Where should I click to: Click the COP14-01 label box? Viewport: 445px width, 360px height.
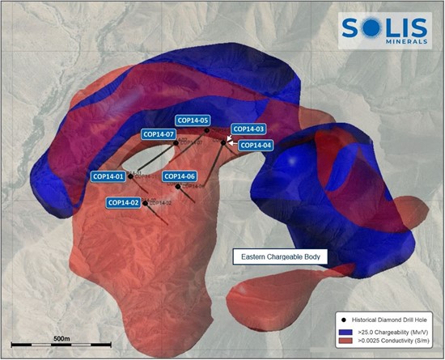click(108, 176)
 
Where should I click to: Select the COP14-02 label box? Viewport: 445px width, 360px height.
click(124, 202)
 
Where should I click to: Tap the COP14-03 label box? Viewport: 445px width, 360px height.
click(248, 129)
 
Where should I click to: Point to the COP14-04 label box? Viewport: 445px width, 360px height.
click(258, 145)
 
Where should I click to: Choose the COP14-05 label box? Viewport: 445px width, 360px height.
click(193, 120)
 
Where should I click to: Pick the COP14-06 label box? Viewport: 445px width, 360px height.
click(180, 176)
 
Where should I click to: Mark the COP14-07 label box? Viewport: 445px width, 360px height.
click(159, 133)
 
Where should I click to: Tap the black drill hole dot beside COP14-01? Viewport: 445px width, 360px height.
click(129, 176)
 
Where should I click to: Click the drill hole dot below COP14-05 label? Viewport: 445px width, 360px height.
click(207, 130)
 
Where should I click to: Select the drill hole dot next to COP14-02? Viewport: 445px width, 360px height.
click(146, 203)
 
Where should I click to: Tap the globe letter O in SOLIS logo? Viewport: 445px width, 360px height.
click(371, 27)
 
